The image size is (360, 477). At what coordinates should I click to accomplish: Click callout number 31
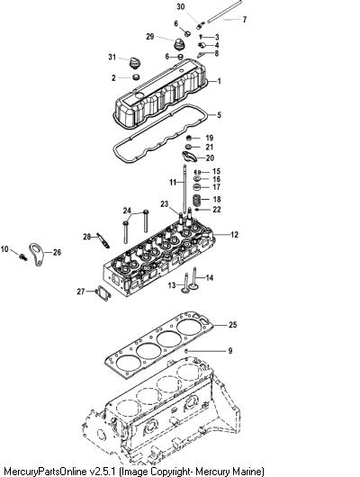[112, 57]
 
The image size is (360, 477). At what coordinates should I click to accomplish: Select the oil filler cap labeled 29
[177, 44]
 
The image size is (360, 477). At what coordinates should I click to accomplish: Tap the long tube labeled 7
[225, 11]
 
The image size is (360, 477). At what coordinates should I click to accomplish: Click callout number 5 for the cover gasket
[219, 115]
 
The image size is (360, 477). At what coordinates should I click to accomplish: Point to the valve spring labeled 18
[198, 200]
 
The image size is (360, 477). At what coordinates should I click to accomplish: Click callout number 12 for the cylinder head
[234, 235]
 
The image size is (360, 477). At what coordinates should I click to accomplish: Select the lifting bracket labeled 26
[37, 255]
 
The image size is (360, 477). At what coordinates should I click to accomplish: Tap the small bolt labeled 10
[22, 256]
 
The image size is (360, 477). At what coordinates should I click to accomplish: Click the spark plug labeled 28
[103, 240]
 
